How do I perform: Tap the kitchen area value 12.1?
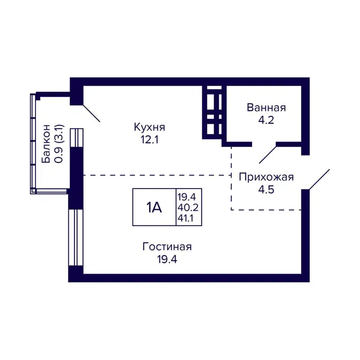tap(149, 139)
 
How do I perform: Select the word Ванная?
tap(266, 108)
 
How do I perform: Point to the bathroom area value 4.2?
tap(266, 120)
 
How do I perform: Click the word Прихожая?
tap(266, 177)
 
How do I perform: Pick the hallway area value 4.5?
tap(266, 189)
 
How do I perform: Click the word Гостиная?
tap(167, 247)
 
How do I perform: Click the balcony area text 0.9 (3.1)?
tap(58, 145)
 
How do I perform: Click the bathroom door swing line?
tap(268, 154)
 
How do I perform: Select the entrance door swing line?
tap(319, 179)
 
